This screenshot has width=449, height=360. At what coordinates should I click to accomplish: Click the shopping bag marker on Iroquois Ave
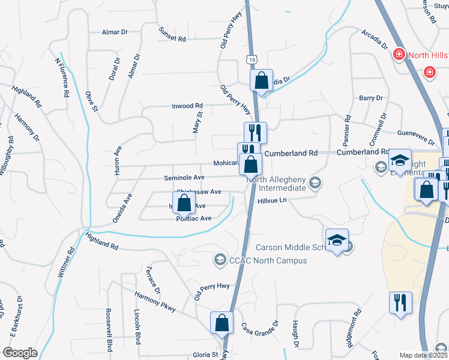click(x=184, y=203)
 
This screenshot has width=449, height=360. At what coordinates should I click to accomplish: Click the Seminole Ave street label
click(x=185, y=178)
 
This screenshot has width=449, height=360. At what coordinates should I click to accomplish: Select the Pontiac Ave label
click(x=194, y=219)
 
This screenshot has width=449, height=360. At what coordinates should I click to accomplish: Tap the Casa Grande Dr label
click(x=260, y=331)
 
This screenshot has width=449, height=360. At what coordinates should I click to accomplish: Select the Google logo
click(x=20, y=353)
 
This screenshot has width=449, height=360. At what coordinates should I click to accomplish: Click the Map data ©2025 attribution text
click(x=424, y=355)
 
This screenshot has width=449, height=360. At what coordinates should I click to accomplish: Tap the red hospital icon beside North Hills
click(x=398, y=55)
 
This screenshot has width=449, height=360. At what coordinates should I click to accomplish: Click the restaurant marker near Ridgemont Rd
click(x=400, y=302)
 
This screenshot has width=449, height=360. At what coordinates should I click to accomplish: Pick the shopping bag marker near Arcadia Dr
click(x=262, y=80)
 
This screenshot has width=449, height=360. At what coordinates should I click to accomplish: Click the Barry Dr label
click(x=370, y=98)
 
